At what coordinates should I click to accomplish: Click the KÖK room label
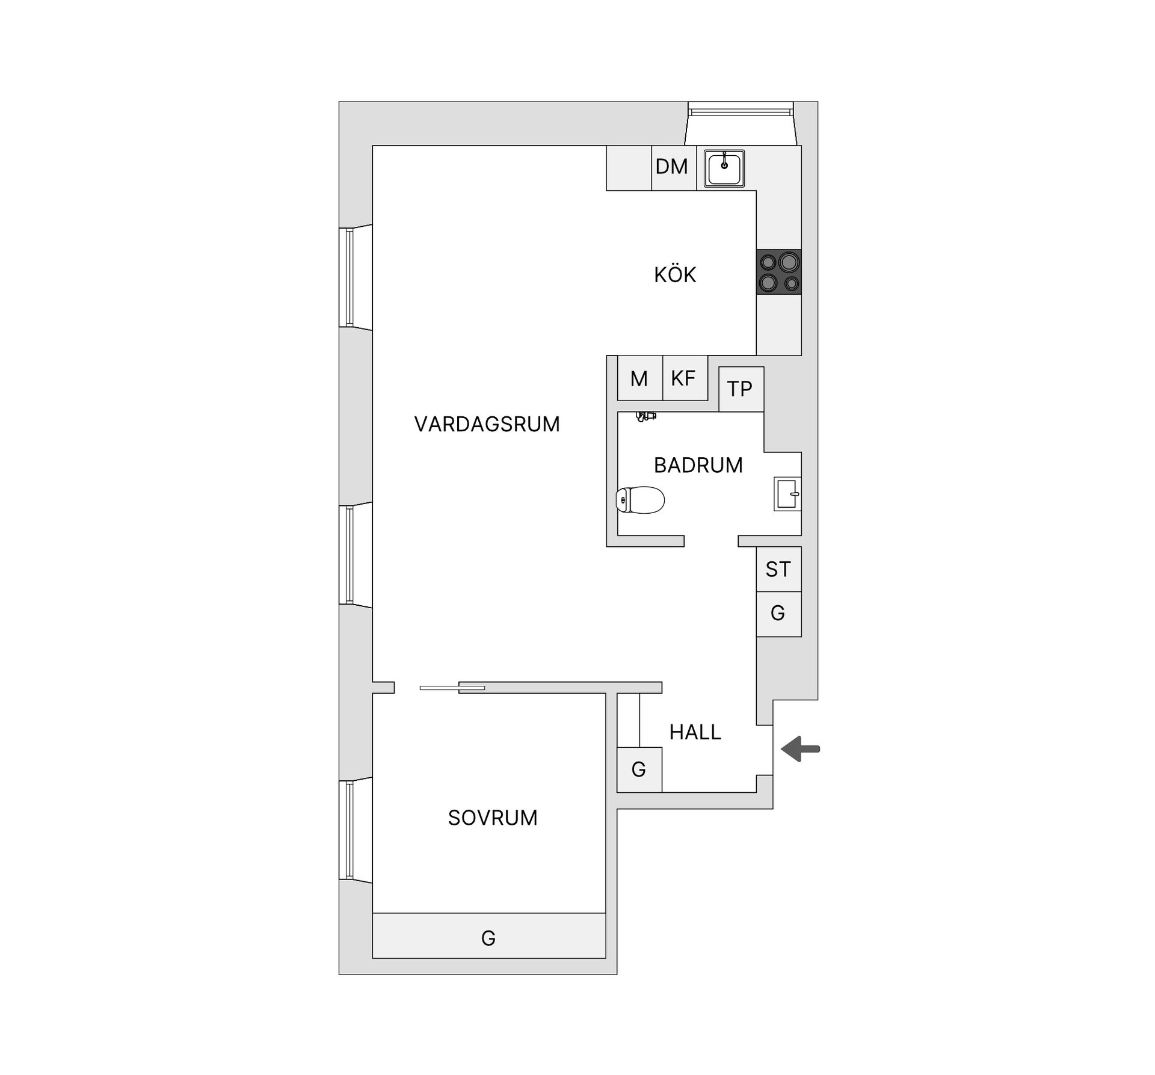(675, 275)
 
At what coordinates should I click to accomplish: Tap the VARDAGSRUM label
(487, 424)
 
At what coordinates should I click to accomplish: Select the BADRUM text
(698, 465)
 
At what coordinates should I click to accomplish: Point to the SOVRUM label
(493, 818)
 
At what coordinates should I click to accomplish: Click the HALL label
(695, 732)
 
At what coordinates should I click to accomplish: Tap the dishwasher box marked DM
(672, 167)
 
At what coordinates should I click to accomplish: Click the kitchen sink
(724, 168)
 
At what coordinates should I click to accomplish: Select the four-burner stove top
(779, 272)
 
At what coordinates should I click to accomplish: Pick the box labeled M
(639, 378)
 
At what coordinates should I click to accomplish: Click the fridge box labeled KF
(683, 378)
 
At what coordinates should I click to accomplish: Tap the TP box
(741, 389)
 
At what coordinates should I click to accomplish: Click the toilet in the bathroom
(640, 500)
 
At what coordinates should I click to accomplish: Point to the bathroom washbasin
(787, 494)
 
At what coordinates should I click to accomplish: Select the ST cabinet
(778, 569)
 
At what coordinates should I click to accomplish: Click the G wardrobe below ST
(778, 614)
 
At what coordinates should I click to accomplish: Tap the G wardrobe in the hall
(639, 769)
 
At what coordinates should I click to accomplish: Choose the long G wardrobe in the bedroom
(488, 938)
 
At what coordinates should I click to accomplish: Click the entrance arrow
(801, 749)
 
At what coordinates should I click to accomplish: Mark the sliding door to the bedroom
(452, 688)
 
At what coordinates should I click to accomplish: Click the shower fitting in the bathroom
(646, 416)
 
